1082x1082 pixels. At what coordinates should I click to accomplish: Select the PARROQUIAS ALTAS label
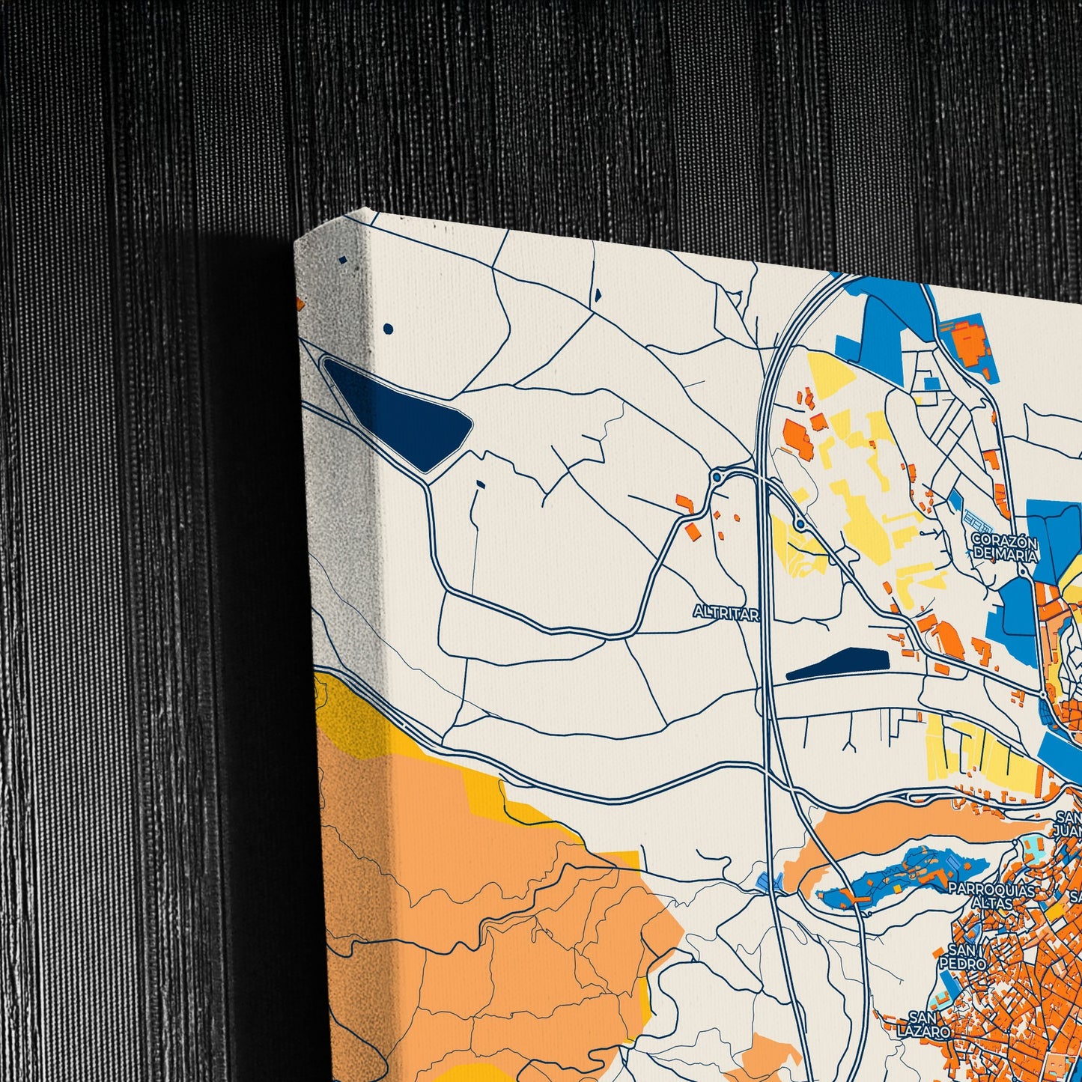[x=991, y=896]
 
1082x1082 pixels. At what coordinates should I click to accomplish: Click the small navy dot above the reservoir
[x=388, y=329]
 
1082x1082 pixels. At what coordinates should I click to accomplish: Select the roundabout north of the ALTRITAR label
[x=717, y=477]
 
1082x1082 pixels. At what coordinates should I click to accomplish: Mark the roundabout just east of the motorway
[x=800, y=524]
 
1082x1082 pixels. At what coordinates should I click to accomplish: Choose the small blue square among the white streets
[x=931, y=383]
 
